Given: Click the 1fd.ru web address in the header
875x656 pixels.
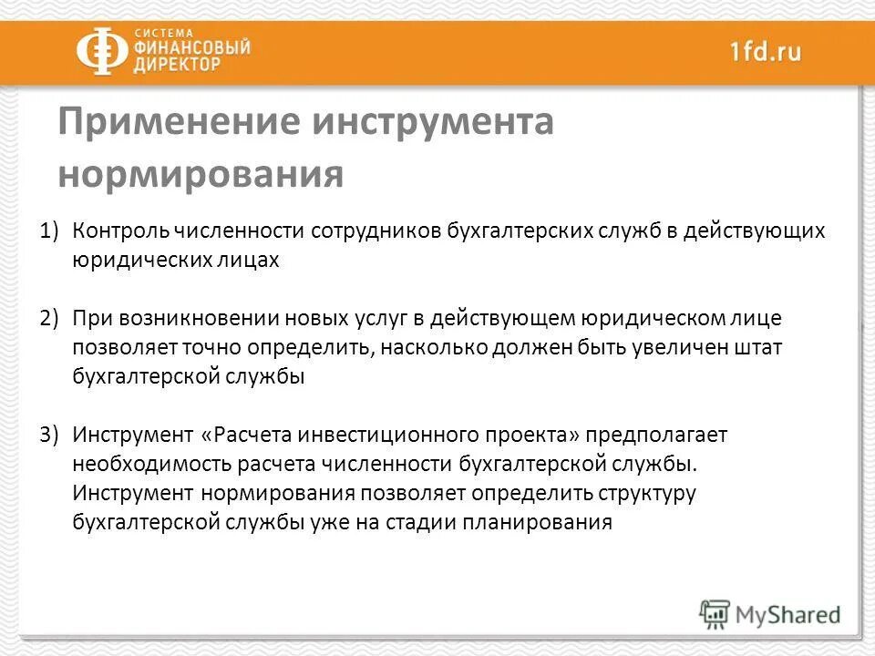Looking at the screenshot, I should coord(765,52).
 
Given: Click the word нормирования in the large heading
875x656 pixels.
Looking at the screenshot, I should coord(201,174).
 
